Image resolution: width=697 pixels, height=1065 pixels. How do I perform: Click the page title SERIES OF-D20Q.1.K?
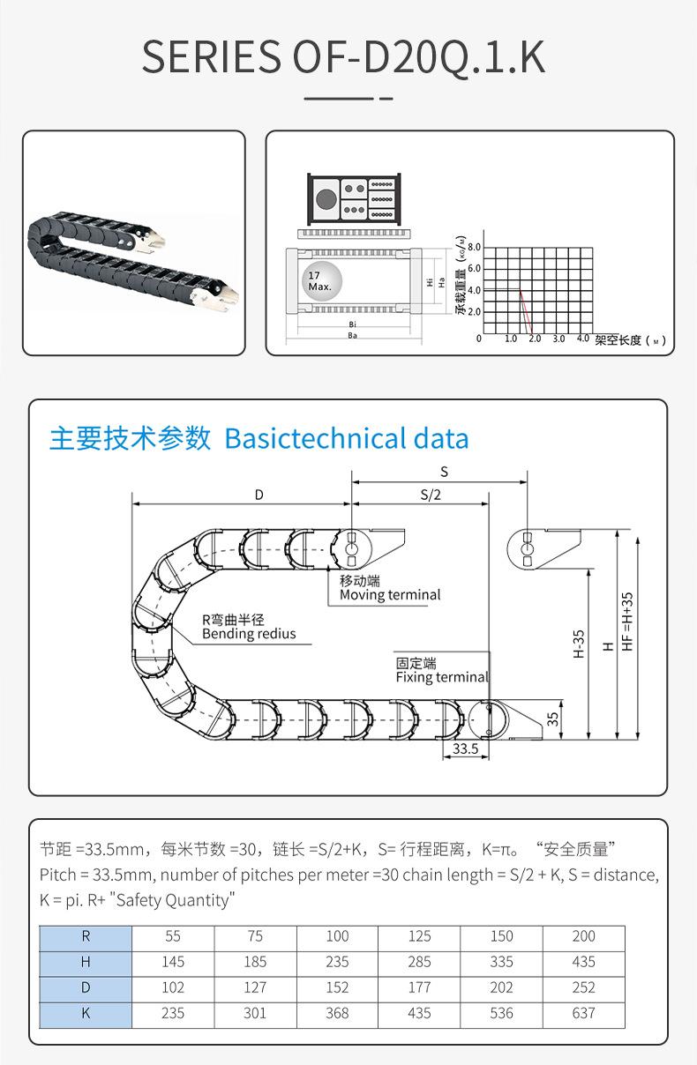343,56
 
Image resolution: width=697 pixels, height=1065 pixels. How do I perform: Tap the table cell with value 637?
583,1014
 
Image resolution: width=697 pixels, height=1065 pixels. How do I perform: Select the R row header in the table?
86,936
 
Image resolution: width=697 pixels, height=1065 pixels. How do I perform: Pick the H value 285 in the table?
419,962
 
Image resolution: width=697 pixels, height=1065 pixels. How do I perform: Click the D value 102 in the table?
173,988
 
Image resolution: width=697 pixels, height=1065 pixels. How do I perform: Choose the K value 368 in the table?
337,1014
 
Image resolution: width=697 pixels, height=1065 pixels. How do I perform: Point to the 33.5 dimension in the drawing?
465,748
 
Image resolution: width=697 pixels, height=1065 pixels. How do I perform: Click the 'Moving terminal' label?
390,595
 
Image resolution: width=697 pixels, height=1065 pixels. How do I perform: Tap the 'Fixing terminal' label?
441,677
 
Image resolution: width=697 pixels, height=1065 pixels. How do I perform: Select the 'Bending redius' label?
249,634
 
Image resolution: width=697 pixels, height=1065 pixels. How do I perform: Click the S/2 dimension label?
430,495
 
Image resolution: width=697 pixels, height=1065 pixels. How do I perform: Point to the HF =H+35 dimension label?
628,621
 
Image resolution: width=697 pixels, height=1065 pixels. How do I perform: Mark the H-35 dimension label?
579,644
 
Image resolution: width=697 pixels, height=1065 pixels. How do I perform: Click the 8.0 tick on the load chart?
475,246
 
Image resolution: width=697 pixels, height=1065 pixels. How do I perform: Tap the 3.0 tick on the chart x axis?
558,339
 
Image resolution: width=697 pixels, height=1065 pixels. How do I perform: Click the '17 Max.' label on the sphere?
319,281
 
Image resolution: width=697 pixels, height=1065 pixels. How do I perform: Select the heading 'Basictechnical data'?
347,438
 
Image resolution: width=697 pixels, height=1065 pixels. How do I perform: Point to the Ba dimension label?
352,336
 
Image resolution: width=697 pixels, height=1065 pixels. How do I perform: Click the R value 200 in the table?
583,936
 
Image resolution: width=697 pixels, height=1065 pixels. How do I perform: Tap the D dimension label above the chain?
259,495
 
